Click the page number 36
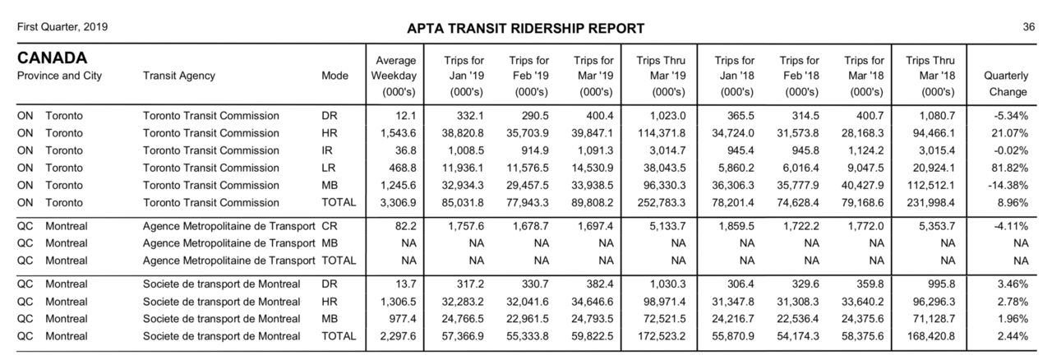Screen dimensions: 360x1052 click(1028, 27)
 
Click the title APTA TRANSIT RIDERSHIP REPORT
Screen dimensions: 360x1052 click(525, 29)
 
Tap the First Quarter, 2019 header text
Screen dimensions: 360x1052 click(62, 27)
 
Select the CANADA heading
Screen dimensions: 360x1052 click(53, 58)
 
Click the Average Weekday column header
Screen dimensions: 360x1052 click(394, 76)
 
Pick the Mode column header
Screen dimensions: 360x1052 click(335, 76)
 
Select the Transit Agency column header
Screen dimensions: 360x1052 click(178, 76)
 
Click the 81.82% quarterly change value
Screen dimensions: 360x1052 click(1009, 168)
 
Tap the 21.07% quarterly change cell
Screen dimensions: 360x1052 click(1009, 132)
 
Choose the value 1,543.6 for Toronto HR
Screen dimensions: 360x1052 click(396, 132)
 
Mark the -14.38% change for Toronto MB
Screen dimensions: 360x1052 click(1008, 185)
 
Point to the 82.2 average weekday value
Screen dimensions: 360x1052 click(402, 225)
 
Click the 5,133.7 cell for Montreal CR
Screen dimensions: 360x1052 click(670, 225)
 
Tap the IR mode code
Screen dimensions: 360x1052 click(327, 150)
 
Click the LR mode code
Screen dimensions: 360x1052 click(329, 168)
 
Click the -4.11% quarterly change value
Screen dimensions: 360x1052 click(1011, 225)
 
